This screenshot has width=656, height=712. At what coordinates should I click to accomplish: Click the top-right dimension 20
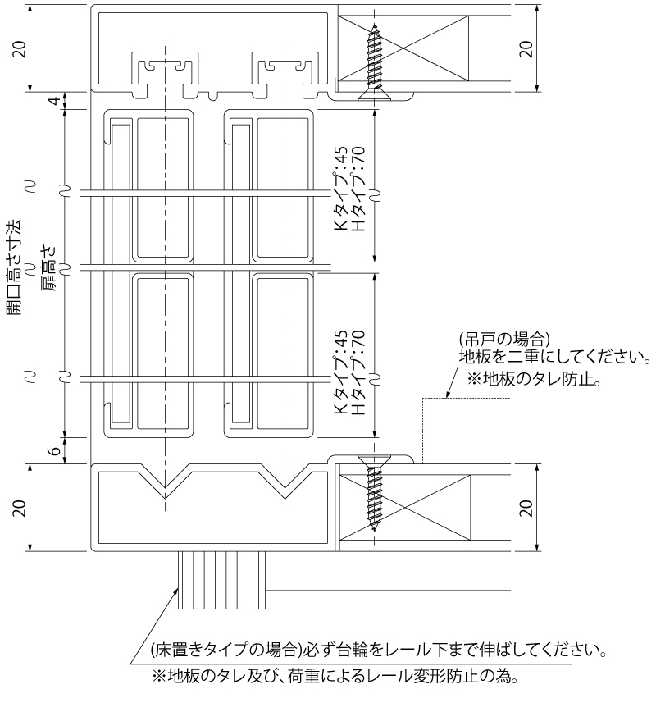[526, 48]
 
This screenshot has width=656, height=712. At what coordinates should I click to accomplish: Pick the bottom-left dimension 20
[20, 508]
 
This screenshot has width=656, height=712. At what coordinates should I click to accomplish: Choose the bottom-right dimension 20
[526, 508]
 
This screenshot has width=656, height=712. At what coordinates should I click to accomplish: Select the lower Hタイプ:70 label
[358, 372]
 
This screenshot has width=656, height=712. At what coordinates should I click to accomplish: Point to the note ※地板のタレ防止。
[534, 378]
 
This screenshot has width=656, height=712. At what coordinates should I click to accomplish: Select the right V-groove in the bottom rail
[285, 481]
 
